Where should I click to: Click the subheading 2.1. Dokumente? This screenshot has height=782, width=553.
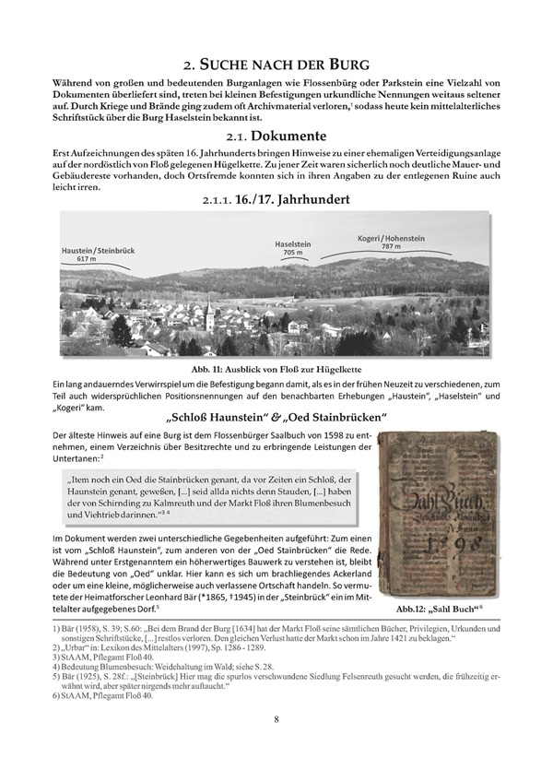coord(276,135)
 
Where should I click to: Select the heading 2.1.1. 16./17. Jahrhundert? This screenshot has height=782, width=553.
coord(276,199)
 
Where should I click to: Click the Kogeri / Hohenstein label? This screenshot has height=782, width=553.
coord(392,239)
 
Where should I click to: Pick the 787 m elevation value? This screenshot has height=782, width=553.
coord(392,247)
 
